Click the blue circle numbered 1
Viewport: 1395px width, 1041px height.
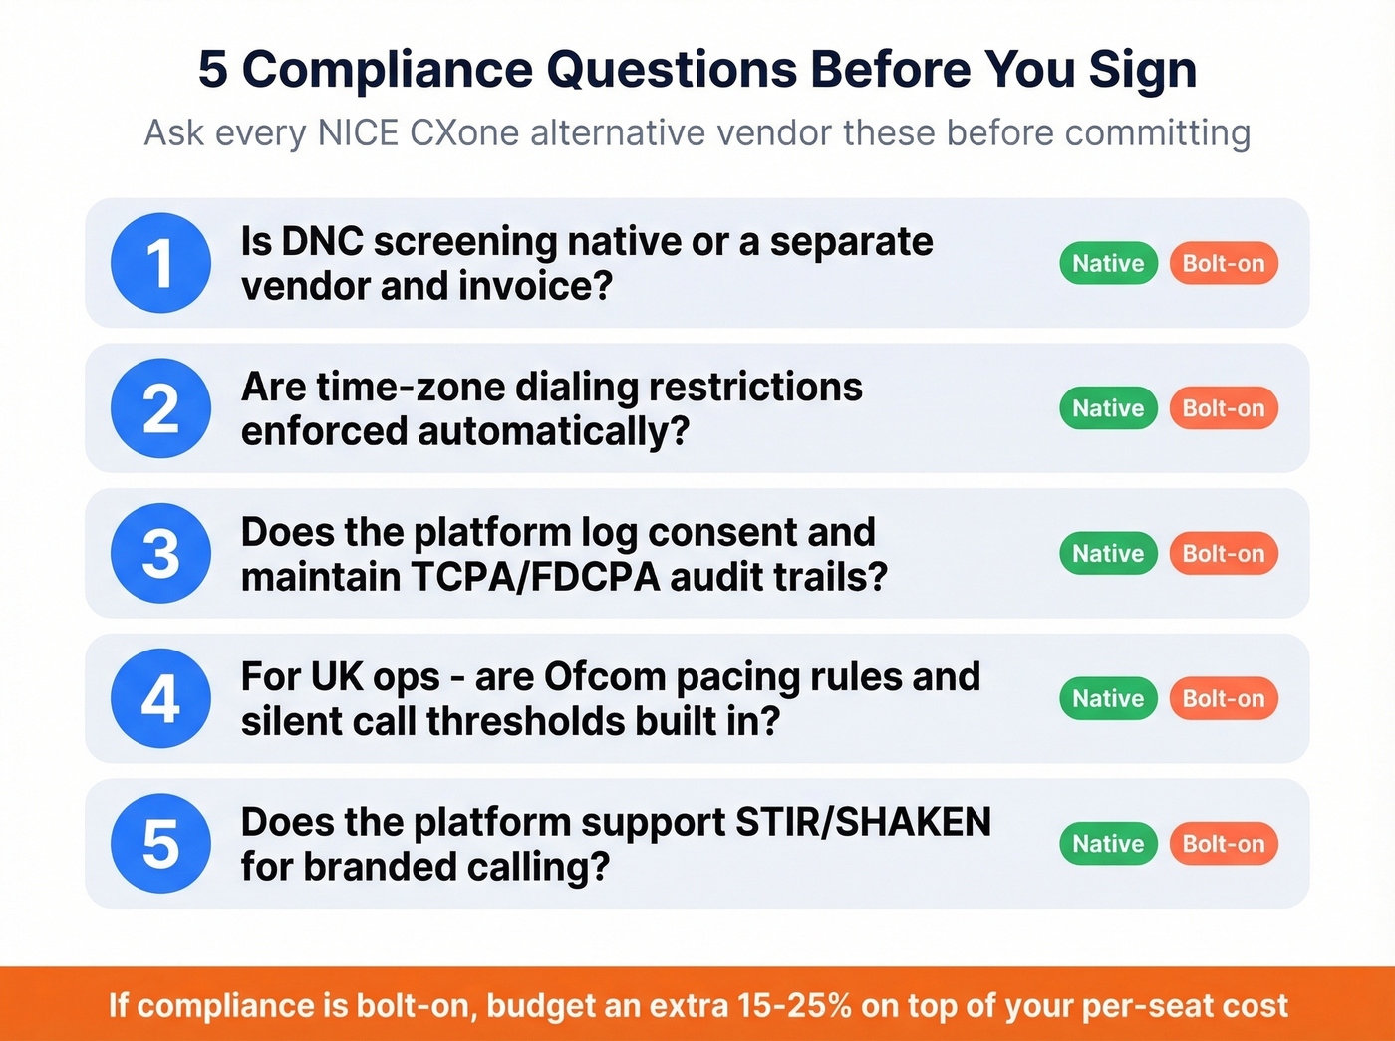click(x=160, y=263)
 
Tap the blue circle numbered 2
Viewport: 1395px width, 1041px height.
click(x=160, y=408)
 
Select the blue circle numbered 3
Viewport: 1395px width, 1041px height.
click(x=160, y=553)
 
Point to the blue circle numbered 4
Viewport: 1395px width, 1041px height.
click(x=160, y=698)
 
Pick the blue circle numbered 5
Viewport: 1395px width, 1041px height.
click(x=160, y=843)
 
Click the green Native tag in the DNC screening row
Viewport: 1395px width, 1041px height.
click(x=1108, y=263)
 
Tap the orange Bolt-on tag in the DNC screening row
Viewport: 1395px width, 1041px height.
click(x=1223, y=263)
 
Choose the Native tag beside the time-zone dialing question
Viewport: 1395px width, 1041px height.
click(x=1108, y=408)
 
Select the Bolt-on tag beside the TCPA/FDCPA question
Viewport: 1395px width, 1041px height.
click(x=1223, y=553)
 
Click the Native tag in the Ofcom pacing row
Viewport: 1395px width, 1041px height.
click(x=1108, y=698)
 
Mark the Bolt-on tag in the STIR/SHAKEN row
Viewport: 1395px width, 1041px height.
click(x=1223, y=843)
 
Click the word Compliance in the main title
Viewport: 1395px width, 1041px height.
click(x=388, y=70)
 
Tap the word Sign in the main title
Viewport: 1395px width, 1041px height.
click(x=1142, y=70)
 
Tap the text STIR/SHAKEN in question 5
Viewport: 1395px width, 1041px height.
click(x=863, y=822)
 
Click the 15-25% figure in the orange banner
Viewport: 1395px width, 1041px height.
click(x=795, y=1005)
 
